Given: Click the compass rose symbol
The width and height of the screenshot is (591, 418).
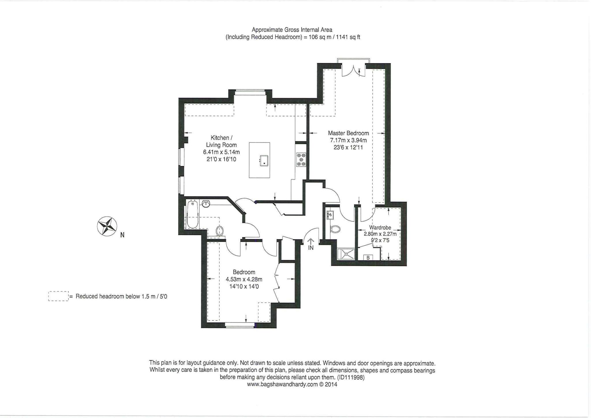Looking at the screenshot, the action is click(x=107, y=226).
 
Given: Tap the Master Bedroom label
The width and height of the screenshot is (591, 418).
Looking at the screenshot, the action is click(x=348, y=133).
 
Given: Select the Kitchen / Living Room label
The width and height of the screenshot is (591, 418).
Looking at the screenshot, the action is click(x=221, y=141).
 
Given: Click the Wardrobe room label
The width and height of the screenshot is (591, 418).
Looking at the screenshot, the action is click(x=380, y=227).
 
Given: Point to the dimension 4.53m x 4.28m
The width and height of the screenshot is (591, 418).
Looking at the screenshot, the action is click(x=244, y=279).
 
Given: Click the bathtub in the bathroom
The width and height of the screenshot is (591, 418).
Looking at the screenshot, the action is click(x=192, y=215).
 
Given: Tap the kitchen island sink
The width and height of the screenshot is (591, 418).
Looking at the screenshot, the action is click(x=264, y=161).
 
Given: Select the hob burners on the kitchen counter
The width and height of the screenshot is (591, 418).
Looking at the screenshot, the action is click(x=301, y=160).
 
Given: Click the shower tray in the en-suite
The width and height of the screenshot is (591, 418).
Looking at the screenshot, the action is click(x=346, y=254).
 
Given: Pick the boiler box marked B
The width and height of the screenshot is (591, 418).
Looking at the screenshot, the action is click(x=368, y=257).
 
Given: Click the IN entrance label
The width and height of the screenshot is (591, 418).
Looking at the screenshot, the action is click(x=311, y=248).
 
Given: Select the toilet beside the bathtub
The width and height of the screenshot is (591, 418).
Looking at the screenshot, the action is click(x=220, y=230).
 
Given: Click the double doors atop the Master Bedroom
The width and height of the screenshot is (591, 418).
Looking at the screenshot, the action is click(x=354, y=71).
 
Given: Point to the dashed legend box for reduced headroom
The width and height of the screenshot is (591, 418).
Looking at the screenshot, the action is click(x=58, y=296).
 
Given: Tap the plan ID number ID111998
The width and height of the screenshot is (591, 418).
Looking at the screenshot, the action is click(x=351, y=377).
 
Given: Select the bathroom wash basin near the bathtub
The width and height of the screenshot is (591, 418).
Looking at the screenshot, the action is click(x=206, y=204).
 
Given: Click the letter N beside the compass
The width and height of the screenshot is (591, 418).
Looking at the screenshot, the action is click(x=122, y=235).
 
